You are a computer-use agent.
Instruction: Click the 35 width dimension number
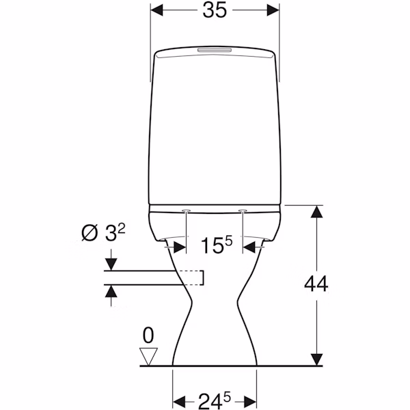215,10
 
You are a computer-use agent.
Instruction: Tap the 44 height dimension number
316,284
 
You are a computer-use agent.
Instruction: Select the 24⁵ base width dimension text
215,400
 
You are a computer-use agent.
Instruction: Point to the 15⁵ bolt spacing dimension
216,245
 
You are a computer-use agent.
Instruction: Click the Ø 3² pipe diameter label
103,232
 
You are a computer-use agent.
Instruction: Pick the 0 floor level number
148,336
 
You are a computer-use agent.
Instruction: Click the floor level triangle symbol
148,357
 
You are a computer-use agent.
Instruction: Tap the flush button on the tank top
215,50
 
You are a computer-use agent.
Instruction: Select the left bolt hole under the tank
186,210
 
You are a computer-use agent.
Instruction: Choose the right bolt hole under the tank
243,210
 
